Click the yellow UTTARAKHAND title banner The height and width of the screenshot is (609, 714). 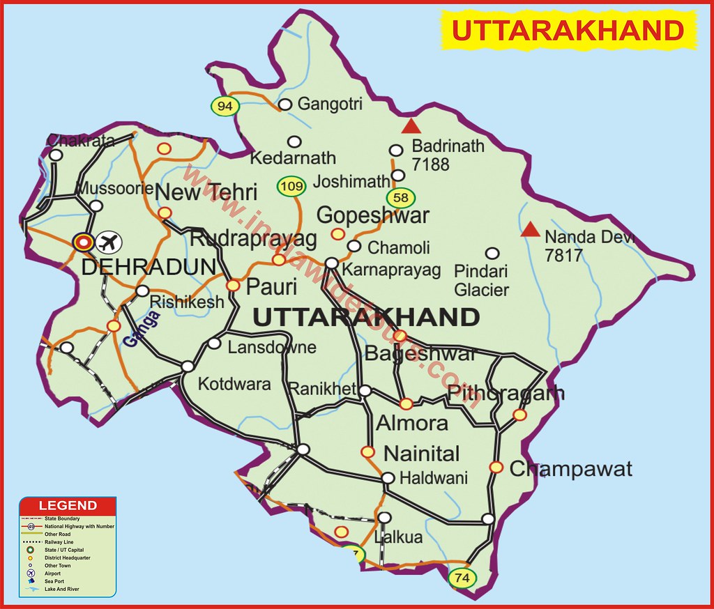(567, 31)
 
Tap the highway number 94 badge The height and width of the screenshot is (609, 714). (225, 106)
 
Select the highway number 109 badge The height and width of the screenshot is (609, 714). (291, 187)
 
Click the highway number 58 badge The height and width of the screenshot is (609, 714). (401, 198)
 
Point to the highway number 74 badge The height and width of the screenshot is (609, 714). (461, 578)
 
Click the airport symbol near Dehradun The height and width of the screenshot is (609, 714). (108, 242)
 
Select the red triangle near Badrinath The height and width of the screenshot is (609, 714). (412, 126)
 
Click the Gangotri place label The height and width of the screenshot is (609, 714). (330, 105)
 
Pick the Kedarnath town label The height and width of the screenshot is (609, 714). (293, 158)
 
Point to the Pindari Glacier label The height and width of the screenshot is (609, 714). (481, 280)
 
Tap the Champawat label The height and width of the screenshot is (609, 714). (570, 469)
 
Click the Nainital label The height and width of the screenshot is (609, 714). (422, 454)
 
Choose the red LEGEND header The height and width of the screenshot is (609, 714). (68, 505)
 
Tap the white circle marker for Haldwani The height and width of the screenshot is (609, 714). (388, 478)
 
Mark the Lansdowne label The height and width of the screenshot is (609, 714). (271, 347)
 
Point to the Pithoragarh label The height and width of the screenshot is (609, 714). (506, 393)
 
